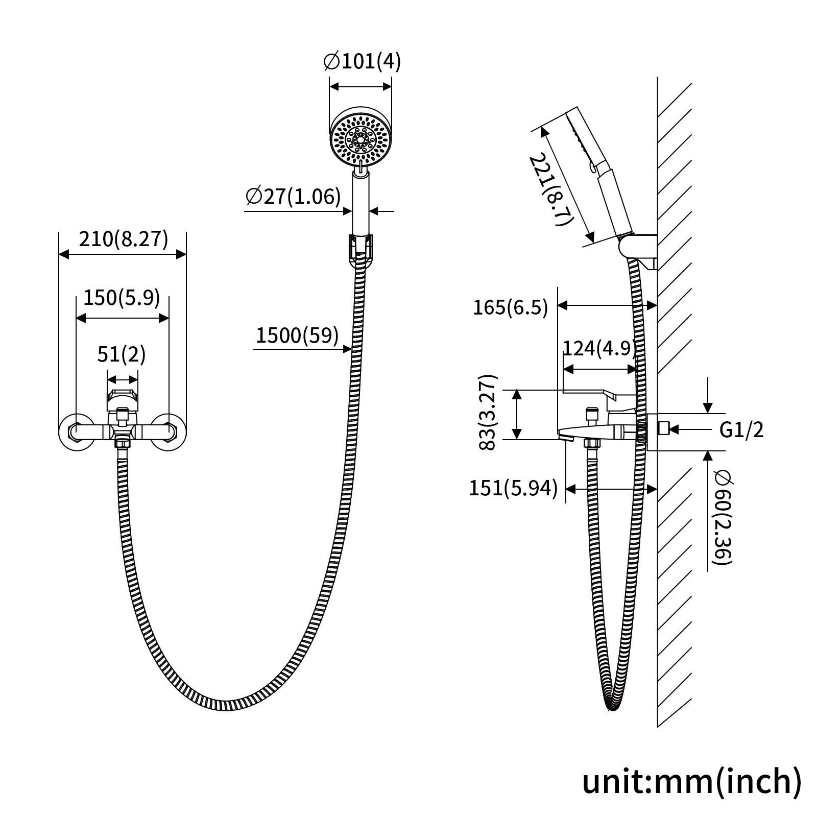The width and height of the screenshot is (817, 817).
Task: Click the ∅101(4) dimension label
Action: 362,62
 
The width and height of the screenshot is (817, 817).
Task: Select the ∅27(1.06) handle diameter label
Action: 293,196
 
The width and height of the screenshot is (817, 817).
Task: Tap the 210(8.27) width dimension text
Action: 123,238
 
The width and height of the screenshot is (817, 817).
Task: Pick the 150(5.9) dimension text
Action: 122,298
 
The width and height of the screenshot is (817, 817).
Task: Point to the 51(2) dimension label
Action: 122,354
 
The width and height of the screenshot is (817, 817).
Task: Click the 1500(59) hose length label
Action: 297,335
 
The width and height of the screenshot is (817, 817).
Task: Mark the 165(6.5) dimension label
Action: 510,308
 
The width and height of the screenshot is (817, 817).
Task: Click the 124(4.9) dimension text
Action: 599,348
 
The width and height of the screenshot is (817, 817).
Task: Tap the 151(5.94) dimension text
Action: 513,489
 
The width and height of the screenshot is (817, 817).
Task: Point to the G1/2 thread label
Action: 741,430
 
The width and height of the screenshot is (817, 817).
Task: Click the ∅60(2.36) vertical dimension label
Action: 724,518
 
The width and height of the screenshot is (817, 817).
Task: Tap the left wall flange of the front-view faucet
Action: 75,432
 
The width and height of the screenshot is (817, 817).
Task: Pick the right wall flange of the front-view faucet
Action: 169,432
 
